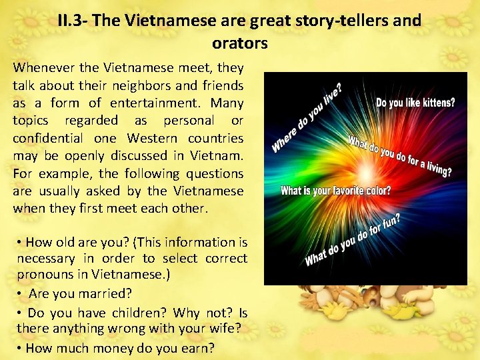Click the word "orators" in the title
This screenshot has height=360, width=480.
coord(239,44)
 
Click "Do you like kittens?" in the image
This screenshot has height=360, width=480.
coord(416,103)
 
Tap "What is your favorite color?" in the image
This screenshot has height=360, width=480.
coord(336,191)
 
